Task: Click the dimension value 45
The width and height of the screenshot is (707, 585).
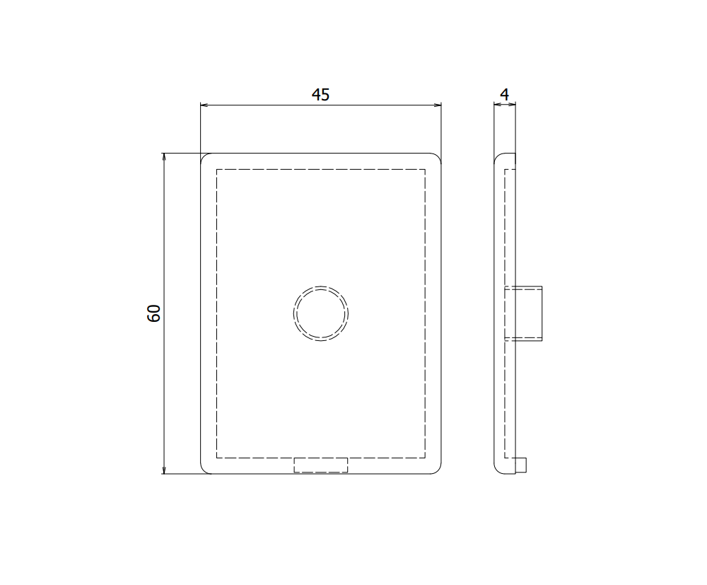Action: click(x=320, y=95)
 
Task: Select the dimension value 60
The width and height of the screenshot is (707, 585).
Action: click(x=154, y=313)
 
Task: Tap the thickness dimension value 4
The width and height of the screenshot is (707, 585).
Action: click(x=504, y=94)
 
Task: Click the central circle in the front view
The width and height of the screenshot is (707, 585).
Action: click(x=321, y=313)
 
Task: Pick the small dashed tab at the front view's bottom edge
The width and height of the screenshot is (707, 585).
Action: click(x=321, y=465)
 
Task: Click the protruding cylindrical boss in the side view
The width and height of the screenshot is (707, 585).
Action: click(x=524, y=313)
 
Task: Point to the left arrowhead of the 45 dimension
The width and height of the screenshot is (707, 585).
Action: click(x=204, y=105)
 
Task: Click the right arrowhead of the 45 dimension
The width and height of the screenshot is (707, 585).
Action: click(x=438, y=105)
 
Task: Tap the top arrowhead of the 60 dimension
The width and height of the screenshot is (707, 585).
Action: click(x=164, y=157)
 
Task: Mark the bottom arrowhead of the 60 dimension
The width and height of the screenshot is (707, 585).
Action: click(x=164, y=469)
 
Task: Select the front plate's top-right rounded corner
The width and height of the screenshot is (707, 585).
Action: click(x=438, y=157)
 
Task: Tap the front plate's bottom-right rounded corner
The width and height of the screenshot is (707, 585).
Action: click(x=438, y=470)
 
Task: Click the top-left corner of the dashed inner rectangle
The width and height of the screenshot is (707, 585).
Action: click(x=216, y=170)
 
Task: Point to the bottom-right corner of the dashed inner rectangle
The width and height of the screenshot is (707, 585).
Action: click(x=426, y=457)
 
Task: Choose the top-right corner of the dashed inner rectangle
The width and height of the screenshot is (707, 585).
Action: click(x=426, y=170)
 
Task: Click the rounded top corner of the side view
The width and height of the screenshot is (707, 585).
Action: click(x=497, y=156)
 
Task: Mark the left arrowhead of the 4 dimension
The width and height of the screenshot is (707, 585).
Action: click(x=496, y=105)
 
